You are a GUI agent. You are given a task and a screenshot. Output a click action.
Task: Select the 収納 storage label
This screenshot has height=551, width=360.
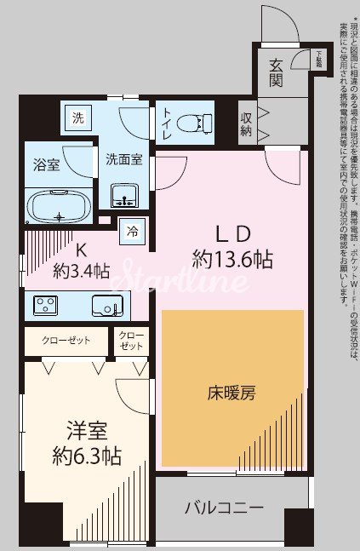pos(247,124)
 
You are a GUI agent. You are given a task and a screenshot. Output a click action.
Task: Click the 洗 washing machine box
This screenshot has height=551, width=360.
pos(78,118)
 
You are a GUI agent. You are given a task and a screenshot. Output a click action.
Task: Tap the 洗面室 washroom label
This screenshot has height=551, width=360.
pos(123,158)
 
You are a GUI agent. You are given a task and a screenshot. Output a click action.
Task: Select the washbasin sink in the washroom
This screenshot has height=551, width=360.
pos(124,197)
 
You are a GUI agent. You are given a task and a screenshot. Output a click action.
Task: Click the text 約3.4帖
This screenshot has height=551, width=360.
pos(82,271)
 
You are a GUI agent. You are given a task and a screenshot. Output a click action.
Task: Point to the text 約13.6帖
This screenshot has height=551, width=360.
pos(232,259)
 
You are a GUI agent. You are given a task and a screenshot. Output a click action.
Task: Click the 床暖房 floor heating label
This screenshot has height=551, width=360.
pos(231,393)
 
